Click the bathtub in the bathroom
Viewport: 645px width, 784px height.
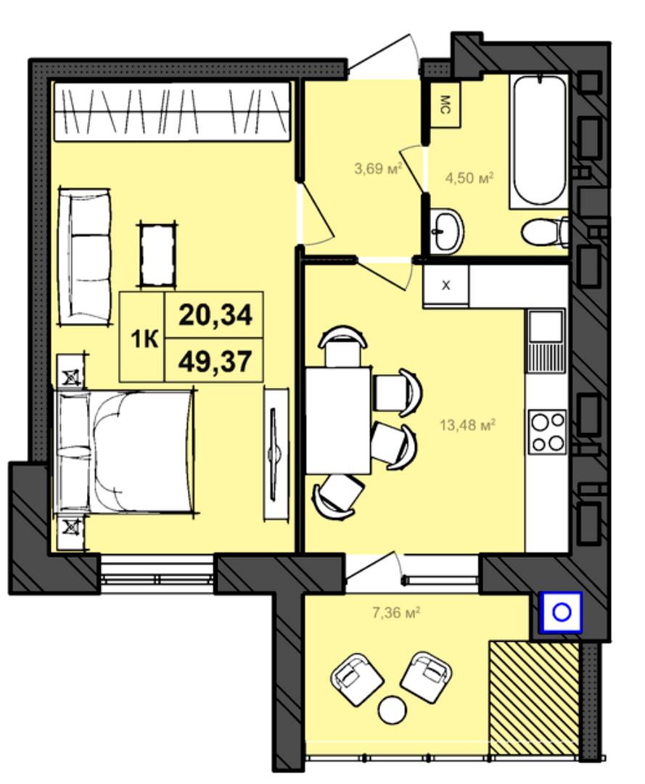[539, 141]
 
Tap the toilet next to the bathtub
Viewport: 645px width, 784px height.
[545, 233]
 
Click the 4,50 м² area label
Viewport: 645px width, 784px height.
[469, 178]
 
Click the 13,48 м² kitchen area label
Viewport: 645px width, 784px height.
[467, 426]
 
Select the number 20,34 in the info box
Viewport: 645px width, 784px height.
[215, 315]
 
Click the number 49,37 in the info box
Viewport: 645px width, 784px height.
[215, 361]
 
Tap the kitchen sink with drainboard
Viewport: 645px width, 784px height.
[546, 341]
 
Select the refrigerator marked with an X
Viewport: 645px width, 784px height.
[446, 286]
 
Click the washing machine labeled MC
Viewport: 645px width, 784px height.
[445, 105]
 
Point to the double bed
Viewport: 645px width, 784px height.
[124, 452]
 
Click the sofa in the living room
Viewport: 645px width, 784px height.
[85, 257]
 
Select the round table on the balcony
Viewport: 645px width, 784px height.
[392, 709]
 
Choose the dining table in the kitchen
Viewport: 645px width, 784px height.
[338, 421]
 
